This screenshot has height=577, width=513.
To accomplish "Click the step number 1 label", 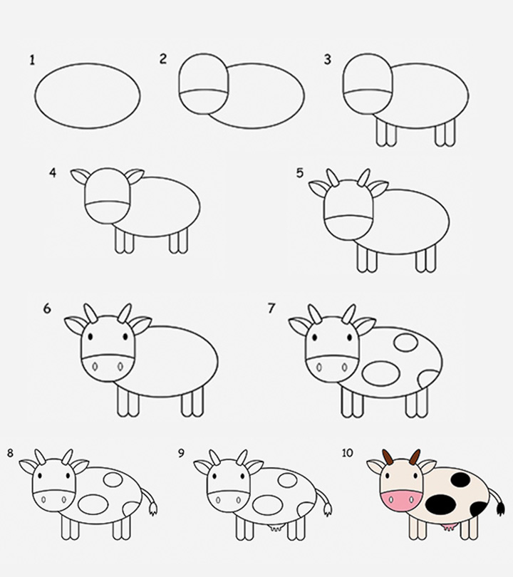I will [32, 60].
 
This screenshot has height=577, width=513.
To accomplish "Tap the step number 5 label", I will [300, 173].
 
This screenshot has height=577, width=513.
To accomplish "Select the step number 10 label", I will [348, 454].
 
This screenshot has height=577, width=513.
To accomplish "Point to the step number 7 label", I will [271, 308].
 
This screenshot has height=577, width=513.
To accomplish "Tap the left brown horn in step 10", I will [388, 457].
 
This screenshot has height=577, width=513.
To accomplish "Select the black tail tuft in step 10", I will [499, 508].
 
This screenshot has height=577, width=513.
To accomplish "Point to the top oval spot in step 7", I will [405, 343].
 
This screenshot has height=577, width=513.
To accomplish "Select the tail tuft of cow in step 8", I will [152, 509].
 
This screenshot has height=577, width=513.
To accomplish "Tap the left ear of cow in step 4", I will [81, 176].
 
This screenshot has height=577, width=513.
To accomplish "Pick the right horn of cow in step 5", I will [363, 177].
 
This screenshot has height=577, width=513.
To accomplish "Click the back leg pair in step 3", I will [445, 133].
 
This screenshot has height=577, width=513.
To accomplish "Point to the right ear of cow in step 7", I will [364, 326].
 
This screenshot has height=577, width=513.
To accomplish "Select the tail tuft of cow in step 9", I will [326, 509].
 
